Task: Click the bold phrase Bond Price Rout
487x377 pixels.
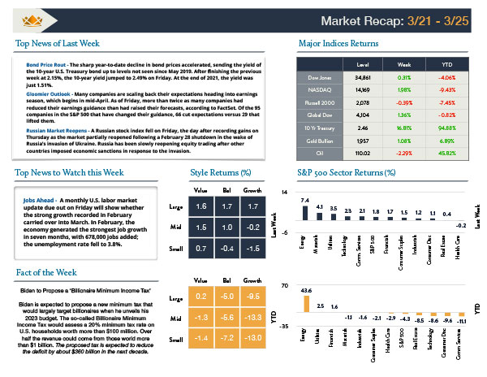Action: coord(45,63)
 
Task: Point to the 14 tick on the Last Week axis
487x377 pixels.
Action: coord(285,191)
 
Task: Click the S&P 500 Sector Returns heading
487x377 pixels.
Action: coord(336,172)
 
